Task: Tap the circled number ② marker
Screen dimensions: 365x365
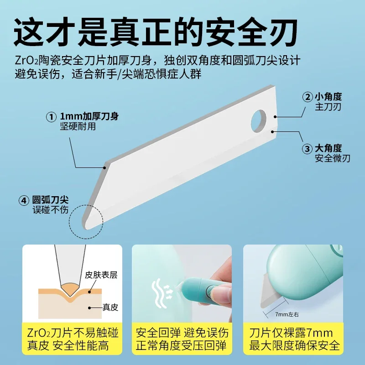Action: (308, 97)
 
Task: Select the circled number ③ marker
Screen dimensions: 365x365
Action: (308, 148)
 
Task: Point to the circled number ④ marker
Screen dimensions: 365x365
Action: (23, 200)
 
